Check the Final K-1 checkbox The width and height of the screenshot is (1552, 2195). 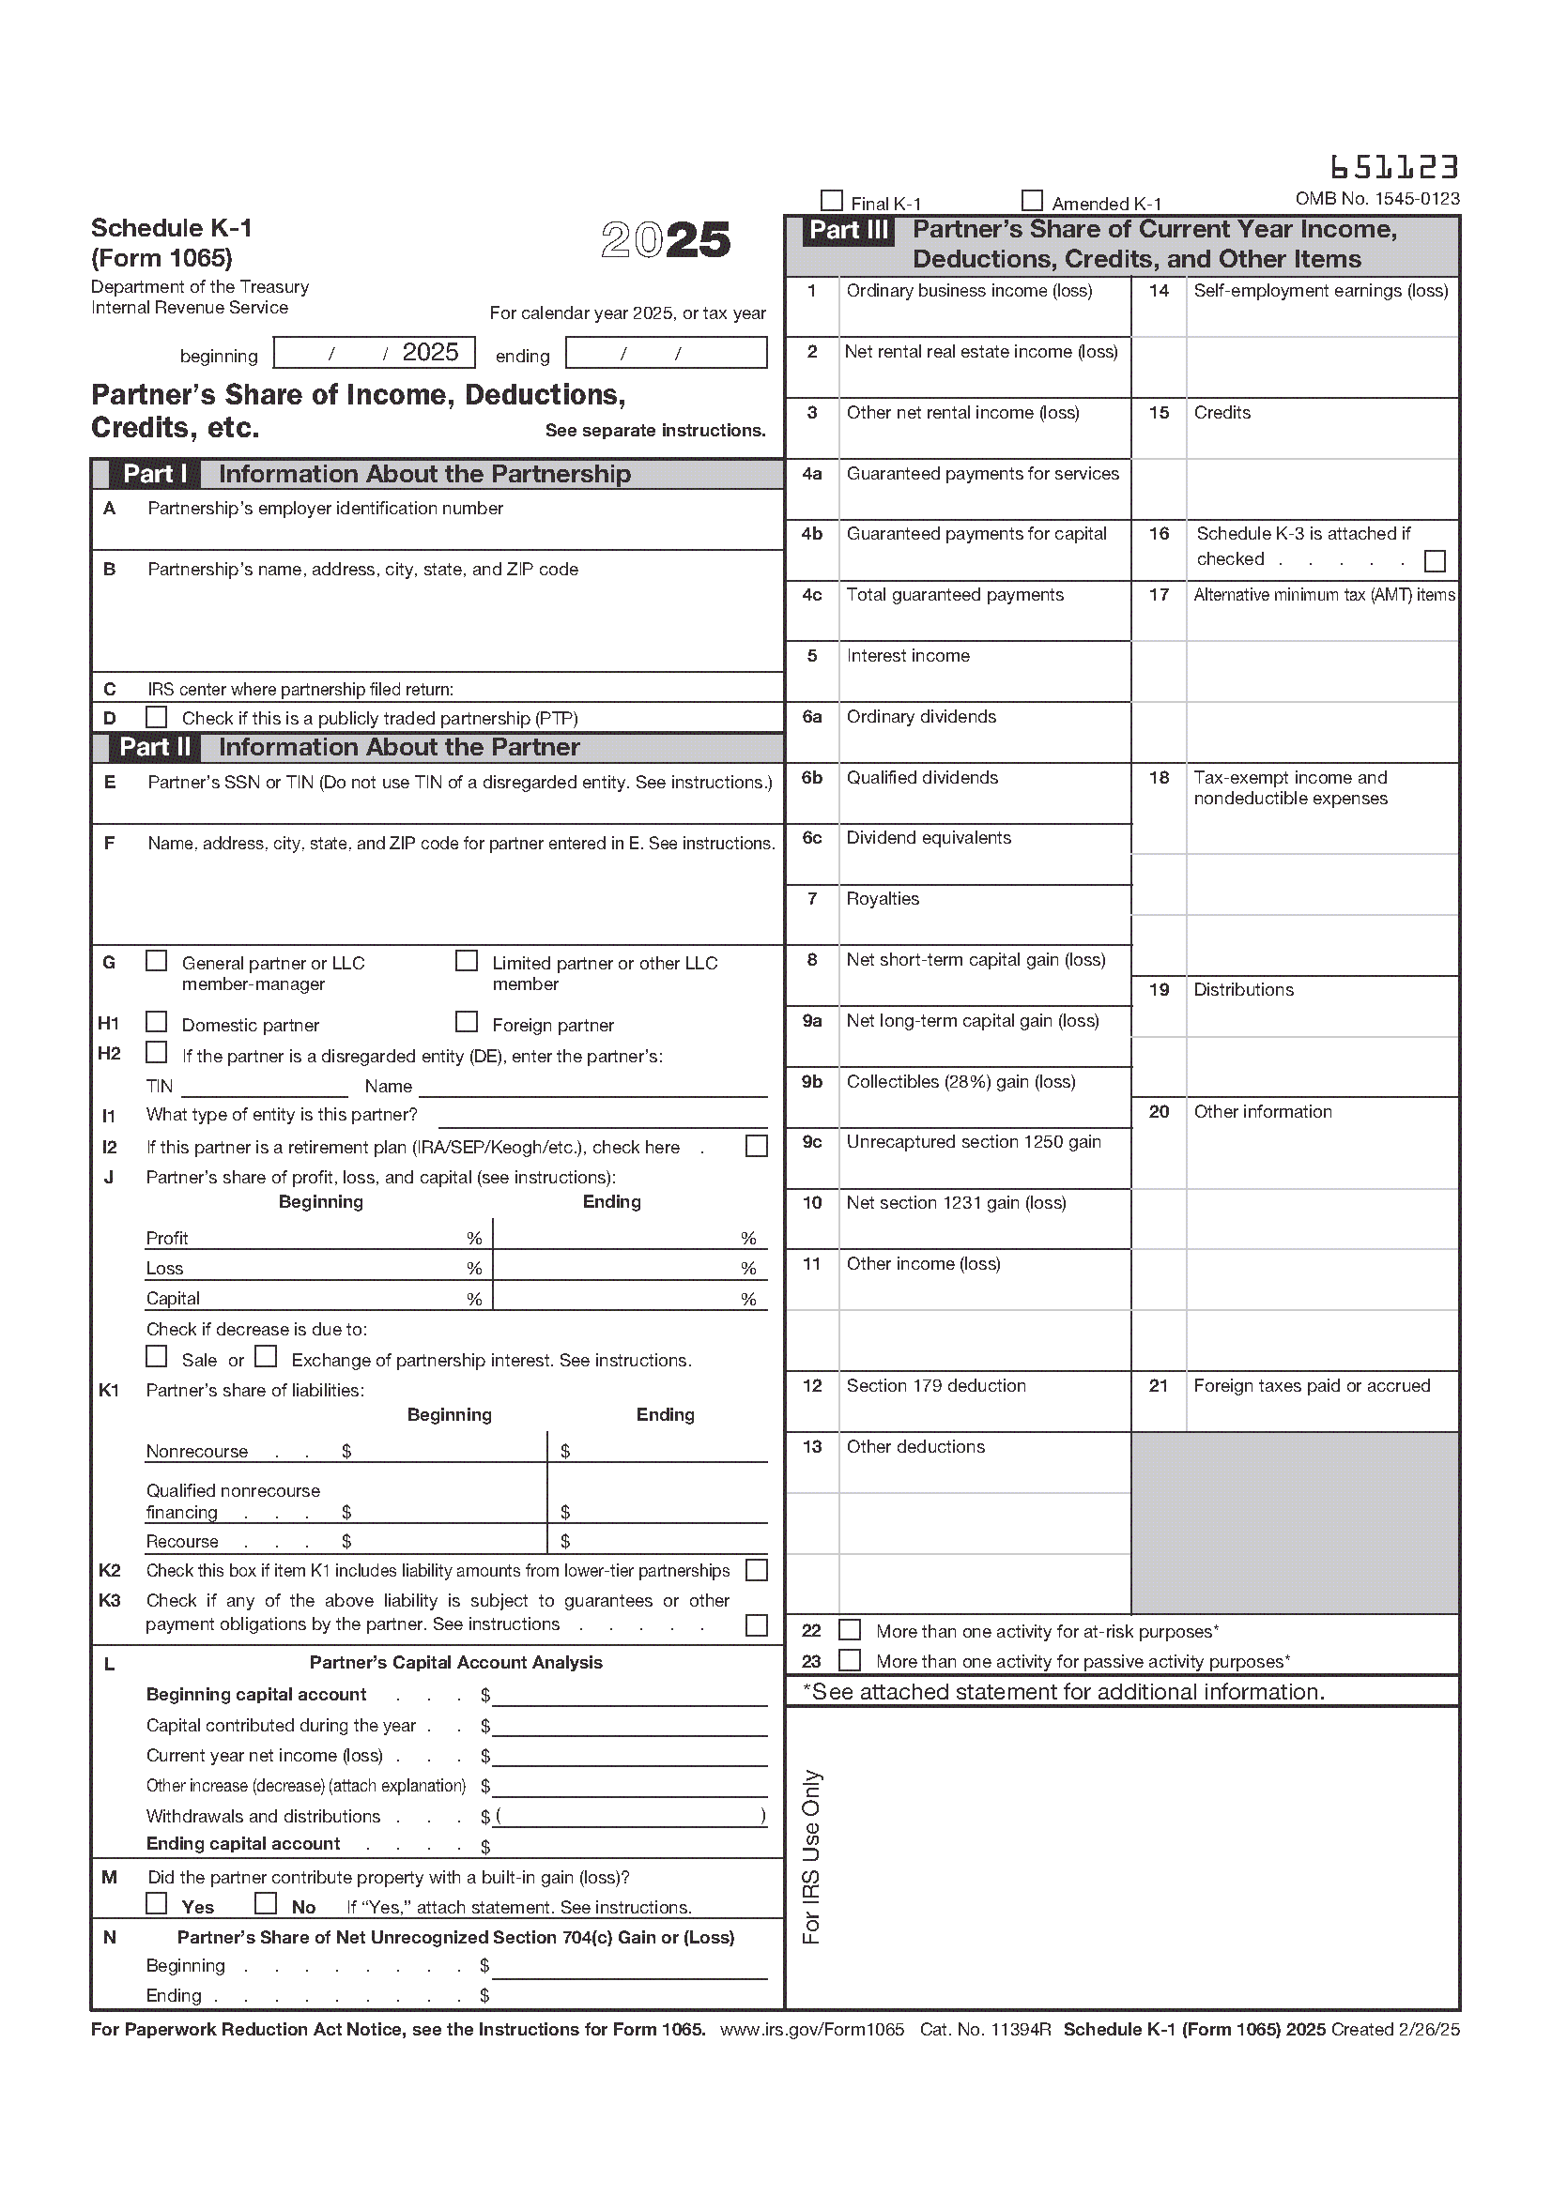click(x=832, y=202)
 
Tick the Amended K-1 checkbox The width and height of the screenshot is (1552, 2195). click(x=1032, y=201)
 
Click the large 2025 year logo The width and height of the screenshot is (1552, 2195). click(x=666, y=240)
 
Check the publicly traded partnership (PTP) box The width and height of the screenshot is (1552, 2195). click(x=156, y=717)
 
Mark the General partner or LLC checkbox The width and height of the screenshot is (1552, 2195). click(x=156, y=961)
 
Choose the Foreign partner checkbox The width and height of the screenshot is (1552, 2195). click(x=467, y=1022)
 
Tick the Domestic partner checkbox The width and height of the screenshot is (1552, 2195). click(x=156, y=1022)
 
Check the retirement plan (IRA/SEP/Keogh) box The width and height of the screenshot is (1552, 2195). click(x=757, y=1146)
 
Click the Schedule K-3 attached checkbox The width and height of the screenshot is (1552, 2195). click(x=1435, y=560)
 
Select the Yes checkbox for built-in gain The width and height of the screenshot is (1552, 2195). click(x=156, y=1903)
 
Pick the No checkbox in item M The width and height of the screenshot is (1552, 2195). click(x=266, y=1903)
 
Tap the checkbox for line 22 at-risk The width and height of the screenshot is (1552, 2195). click(x=849, y=1630)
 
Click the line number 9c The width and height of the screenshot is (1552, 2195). click(x=812, y=1142)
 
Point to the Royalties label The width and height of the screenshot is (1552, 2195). click(x=883, y=899)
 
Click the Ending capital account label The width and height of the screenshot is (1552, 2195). click(x=243, y=1844)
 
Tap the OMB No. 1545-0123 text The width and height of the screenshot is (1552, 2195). click(x=1377, y=199)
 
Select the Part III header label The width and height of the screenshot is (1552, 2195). click(x=848, y=231)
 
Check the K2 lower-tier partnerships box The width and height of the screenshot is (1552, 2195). click(x=757, y=1571)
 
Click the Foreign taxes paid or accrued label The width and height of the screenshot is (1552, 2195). click(x=1312, y=1386)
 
